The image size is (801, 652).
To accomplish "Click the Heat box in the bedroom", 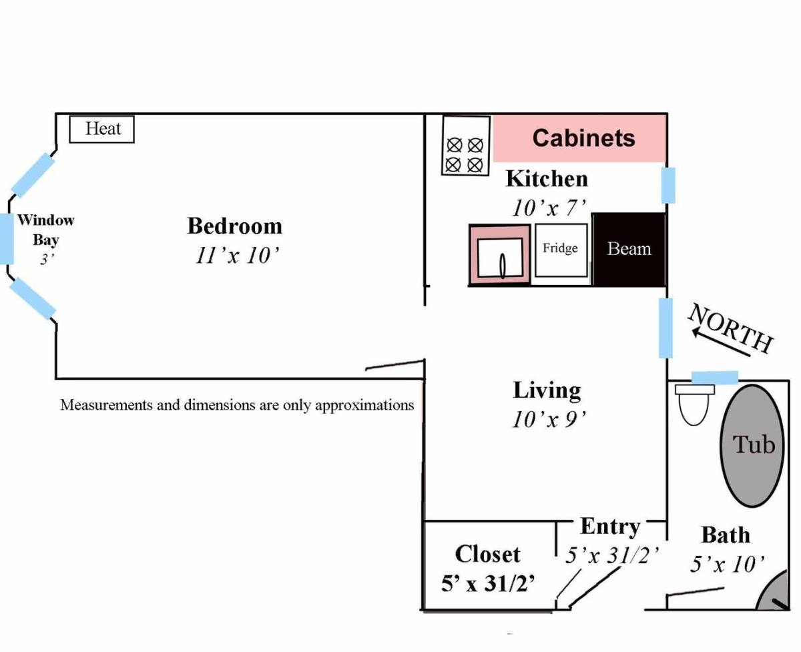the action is pos(102,129).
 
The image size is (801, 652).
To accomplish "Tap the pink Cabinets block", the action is pos(579,138).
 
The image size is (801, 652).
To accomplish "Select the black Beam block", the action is pos(629,250).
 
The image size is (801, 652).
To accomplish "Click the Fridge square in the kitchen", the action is pos(561,250).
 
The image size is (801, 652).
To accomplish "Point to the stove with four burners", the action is pos(465,145).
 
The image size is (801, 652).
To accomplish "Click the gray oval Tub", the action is pos(752,445).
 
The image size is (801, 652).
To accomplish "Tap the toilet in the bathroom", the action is pos(694,404).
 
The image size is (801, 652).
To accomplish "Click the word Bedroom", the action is pos(235,226).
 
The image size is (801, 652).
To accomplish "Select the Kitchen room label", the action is pos(547,179).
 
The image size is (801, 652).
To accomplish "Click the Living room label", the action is pos(547,391).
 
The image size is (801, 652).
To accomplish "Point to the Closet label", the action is pos(488,555).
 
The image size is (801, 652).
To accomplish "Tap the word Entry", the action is pos(610,527).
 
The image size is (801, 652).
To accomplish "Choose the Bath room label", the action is pos(726,535).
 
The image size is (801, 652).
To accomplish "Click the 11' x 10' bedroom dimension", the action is pos(237,256).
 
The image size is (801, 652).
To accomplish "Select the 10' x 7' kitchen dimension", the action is pos(549,208).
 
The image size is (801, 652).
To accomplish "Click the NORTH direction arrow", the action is pos(722,342).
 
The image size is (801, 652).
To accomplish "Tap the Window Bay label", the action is pos(46,230).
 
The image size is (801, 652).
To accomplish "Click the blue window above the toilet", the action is pos(715,378).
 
